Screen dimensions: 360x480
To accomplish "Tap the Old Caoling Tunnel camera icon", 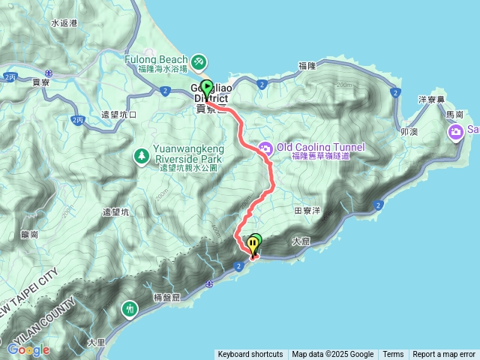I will [264, 148].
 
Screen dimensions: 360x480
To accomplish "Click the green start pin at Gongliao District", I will [207, 87].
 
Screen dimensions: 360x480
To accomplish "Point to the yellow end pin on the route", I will [251, 245].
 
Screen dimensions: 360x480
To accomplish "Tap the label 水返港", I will [64, 23].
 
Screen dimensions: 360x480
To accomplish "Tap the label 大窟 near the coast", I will [301, 241].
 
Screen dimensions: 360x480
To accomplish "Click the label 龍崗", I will [30, 234].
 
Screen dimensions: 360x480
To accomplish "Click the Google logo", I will [28, 349].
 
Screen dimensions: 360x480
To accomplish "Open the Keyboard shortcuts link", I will [250, 355].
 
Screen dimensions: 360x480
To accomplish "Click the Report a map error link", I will [444, 355].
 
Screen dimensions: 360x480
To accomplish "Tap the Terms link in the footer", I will [393, 355].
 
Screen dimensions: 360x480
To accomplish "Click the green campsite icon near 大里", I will [131, 308].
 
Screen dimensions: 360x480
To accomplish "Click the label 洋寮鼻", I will [433, 99].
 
